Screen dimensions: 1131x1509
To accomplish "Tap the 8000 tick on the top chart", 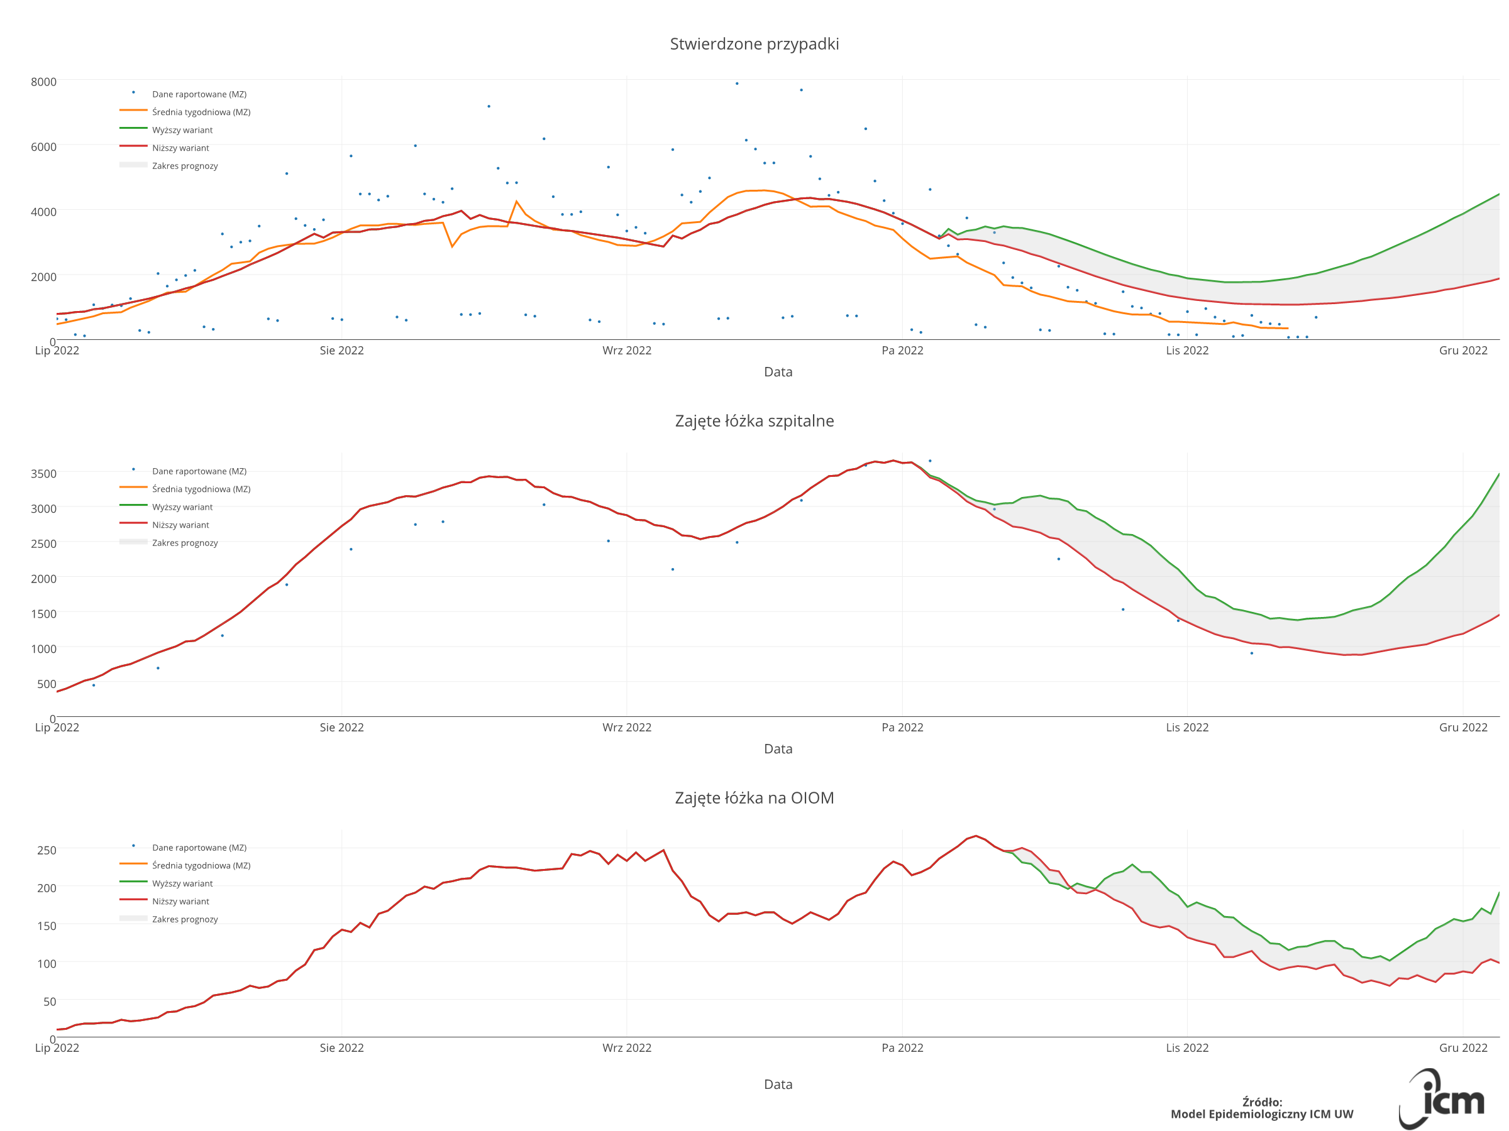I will (x=43, y=82).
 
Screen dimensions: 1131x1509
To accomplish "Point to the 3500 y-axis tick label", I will (x=43, y=473).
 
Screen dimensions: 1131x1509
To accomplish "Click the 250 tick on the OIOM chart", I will (x=47, y=850).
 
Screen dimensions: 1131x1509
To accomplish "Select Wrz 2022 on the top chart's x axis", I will (x=626, y=351).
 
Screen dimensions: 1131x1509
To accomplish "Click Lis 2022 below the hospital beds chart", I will (x=1186, y=728).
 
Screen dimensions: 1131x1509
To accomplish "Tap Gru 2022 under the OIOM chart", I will (x=1462, y=1048).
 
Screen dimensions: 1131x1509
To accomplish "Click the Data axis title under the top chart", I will (x=778, y=371).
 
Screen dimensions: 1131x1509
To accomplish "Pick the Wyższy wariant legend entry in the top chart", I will (x=182, y=130).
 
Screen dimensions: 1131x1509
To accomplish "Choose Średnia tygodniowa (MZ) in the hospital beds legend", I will (x=201, y=489).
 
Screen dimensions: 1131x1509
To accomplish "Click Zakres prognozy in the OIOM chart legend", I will (x=185, y=919).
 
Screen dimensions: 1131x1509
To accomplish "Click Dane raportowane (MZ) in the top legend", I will (x=199, y=94).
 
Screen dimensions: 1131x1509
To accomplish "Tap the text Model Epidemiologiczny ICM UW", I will (x=1261, y=1114).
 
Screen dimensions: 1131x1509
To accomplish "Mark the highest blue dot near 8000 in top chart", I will (x=737, y=84).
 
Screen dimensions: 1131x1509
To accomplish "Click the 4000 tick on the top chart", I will (x=43, y=212).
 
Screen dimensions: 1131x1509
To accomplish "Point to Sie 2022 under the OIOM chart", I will (x=341, y=1048).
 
